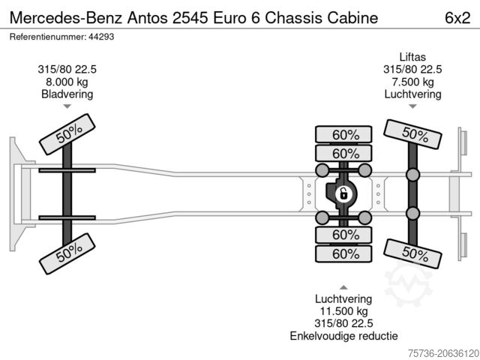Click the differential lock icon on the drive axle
343,194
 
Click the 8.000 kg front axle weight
67,82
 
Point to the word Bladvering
67,94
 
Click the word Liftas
412,56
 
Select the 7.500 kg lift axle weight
412,82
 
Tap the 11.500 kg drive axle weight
343,310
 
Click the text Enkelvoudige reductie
343,336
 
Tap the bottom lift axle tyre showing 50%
412,253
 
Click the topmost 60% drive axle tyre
346,135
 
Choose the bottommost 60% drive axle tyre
346,253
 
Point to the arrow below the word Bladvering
67,107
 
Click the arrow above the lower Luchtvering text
343,287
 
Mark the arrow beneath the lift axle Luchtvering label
412,107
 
